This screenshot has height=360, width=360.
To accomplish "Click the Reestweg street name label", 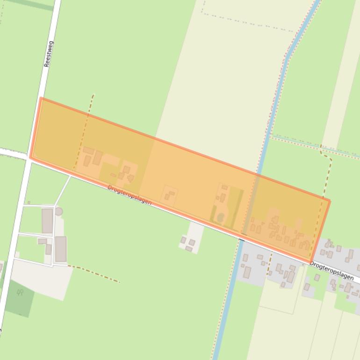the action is [48, 54].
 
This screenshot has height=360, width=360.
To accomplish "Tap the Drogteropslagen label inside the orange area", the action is [130, 195].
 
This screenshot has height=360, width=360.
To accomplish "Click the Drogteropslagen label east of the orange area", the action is [331, 271].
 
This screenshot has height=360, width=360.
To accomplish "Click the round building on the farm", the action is [58, 212].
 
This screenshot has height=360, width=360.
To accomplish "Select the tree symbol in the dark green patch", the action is [20, 293].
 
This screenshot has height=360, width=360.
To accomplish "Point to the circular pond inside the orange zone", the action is [220, 217].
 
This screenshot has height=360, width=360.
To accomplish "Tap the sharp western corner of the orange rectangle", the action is [31, 158].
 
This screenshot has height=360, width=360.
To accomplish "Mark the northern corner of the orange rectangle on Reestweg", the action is [41, 98].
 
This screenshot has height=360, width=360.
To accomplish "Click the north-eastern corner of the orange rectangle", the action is [329, 201].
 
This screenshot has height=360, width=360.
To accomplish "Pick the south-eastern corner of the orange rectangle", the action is [310, 262].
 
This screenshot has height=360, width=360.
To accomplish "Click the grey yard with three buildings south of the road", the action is [190, 239].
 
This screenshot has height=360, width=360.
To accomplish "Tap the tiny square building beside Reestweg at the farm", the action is [29, 202].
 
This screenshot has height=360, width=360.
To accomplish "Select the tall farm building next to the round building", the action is [47, 221].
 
